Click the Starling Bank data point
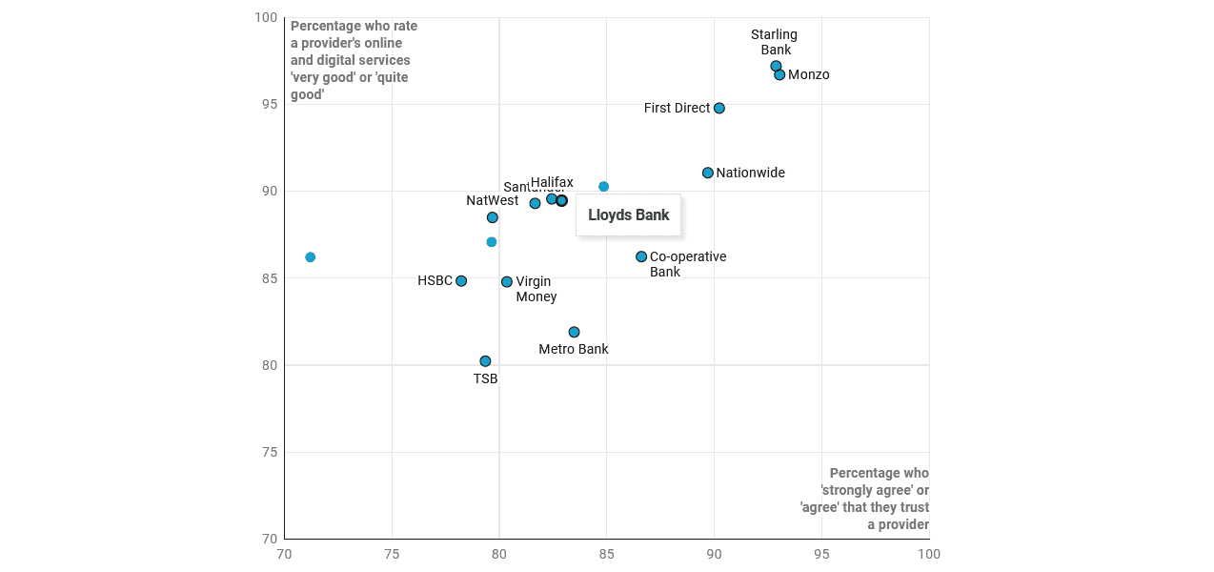pyautogui.click(x=776, y=67)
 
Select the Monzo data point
pyautogui.click(x=779, y=74)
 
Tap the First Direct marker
pyautogui.click(x=719, y=108)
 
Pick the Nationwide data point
pyautogui.click(x=708, y=173)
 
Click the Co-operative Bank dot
pyautogui.click(x=641, y=256)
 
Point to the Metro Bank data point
pyautogui.click(x=574, y=332)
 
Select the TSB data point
pyautogui.click(x=485, y=361)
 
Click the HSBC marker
pyautogui.click(x=461, y=281)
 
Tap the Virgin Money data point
pyautogui.click(x=507, y=282)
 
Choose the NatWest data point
pyautogui.click(x=492, y=217)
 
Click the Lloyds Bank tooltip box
pyautogui.click(x=629, y=215)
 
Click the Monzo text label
pyautogui.click(x=809, y=75)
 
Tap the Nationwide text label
pyautogui.click(x=751, y=173)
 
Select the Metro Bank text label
pyautogui.click(x=574, y=349)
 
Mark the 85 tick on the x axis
pyautogui.click(x=606, y=554)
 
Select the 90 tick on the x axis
pyautogui.click(x=714, y=554)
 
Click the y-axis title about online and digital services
pyautogui.click(x=354, y=60)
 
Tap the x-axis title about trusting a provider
pyautogui.click(x=864, y=499)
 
